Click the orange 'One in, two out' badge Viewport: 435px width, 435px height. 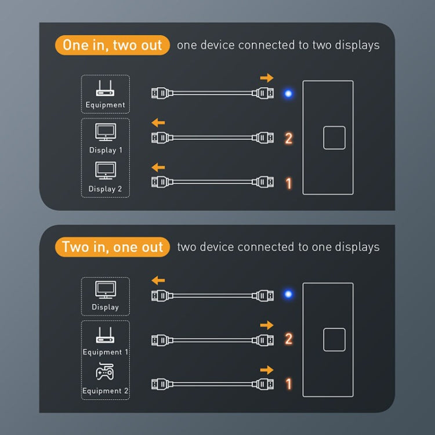coord(113,45)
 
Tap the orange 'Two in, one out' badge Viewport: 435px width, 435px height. coord(113,247)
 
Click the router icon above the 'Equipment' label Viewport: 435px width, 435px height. coord(105,89)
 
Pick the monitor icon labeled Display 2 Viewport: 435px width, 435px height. coord(105,171)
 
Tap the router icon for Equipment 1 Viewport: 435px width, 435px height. coord(105,335)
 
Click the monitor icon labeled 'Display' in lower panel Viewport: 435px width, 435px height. coord(105,291)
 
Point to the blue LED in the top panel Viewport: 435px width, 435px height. coord(287,93)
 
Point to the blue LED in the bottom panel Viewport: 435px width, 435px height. coord(287,294)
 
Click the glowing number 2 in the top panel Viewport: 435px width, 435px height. coord(288,138)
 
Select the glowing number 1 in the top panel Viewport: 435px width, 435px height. coord(288,183)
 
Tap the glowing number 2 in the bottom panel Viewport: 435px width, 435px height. coord(288,339)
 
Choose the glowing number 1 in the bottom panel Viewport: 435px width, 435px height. coord(288,384)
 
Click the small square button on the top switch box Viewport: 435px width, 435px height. coord(334,138)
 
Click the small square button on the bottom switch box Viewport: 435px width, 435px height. coord(334,339)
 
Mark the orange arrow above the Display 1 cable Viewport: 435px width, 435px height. coord(158,122)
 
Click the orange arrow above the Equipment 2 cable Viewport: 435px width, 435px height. coord(266,369)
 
